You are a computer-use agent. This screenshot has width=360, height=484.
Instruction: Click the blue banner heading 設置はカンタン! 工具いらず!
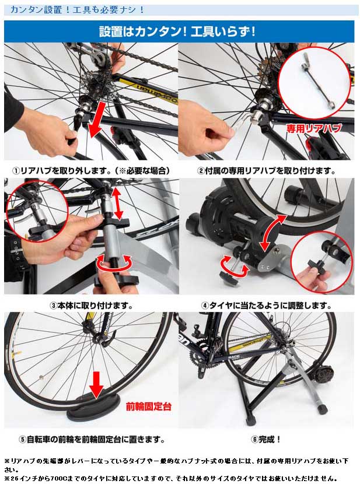click(177, 32)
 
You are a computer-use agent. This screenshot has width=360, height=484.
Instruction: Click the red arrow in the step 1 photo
click(97, 117)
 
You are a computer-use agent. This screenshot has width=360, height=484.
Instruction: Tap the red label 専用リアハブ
click(314, 128)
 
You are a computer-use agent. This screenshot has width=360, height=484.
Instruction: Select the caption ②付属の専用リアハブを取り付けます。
click(266, 171)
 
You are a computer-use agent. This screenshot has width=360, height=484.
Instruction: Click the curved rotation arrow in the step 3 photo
click(114, 265)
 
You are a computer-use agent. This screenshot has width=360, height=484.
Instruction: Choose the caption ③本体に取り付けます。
click(92, 306)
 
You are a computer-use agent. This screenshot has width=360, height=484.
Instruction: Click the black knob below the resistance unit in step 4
click(227, 275)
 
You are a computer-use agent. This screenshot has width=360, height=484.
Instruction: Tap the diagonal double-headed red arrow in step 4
click(272, 232)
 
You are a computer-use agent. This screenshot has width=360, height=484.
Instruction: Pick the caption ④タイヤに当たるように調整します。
click(266, 306)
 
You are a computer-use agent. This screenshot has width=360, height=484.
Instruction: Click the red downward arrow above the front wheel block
click(97, 385)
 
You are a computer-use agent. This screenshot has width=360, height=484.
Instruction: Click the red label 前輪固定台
click(149, 406)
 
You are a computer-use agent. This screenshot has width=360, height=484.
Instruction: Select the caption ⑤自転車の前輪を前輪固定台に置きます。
click(92, 439)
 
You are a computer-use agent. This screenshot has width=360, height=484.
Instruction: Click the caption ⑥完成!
click(266, 439)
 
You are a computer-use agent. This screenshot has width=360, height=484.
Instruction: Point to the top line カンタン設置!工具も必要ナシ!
click(77, 9)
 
